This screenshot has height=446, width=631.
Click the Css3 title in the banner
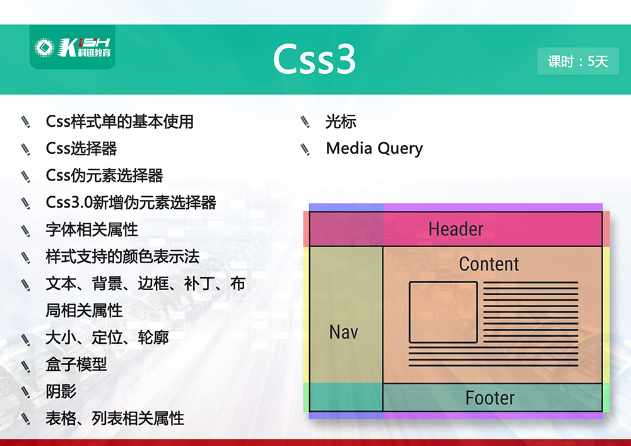pyautogui.click(x=314, y=59)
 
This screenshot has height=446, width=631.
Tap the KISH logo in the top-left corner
pyautogui.click(x=73, y=47)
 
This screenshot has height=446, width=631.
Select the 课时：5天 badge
pyautogui.click(x=578, y=61)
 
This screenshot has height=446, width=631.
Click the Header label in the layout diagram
pyautogui.click(x=456, y=229)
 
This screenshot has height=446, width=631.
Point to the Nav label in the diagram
pyautogui.click(x=343, y=332)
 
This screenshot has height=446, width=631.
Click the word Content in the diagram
pyautogui.click(x=489, y=264)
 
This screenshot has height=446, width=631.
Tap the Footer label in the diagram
pyautogui.click(x=490, y=397)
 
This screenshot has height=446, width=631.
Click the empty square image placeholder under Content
pyautogui.click(x=443, y=312)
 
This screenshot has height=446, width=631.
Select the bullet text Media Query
pyautogui.click(x=374, y=148)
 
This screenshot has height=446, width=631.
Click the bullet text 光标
pyautogui.click(x=341, y=122)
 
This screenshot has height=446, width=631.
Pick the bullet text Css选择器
pyautogui.click(x=81, y=148)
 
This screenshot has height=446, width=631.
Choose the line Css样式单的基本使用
pyautogui.click(x=119, y=122)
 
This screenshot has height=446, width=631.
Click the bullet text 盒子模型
pyautogui.click(x=76, y=365)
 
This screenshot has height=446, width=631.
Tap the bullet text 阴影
pyautogui.click(x=61, y=391)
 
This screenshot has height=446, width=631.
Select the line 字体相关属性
pyautogui.click(x=91, y=230)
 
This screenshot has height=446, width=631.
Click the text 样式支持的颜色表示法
pyautogui.click(x=123, y=257)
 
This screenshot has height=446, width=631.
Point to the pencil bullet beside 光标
pyautogui.click(x=305, y=122)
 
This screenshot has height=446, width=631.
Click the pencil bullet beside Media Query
pyautogui.click(x=305, y=149)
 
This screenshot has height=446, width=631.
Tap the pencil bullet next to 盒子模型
pyautogui.click(x=26, y=365)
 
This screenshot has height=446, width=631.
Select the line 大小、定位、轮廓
pyautogui.click(x=107, y=337)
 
